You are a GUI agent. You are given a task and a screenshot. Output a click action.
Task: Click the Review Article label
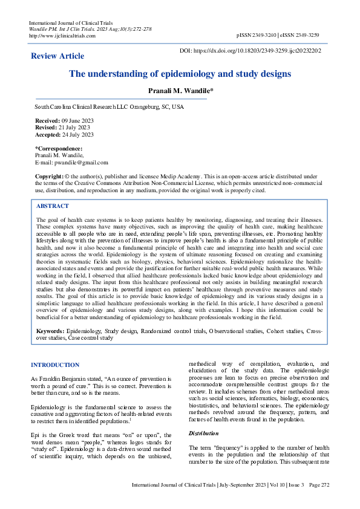tap(57, 56)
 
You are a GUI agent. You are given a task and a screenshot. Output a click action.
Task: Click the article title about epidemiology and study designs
tap(180, 74)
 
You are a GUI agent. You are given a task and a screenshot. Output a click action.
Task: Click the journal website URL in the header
tap(62, 36)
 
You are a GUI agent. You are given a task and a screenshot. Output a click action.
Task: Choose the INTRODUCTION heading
tap(55, 365)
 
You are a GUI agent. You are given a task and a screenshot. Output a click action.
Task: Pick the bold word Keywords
tap(51, 332)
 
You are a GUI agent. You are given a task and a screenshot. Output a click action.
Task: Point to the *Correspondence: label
tap(59, 149)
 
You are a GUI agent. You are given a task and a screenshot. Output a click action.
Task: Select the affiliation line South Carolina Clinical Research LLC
tap(110, 106)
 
